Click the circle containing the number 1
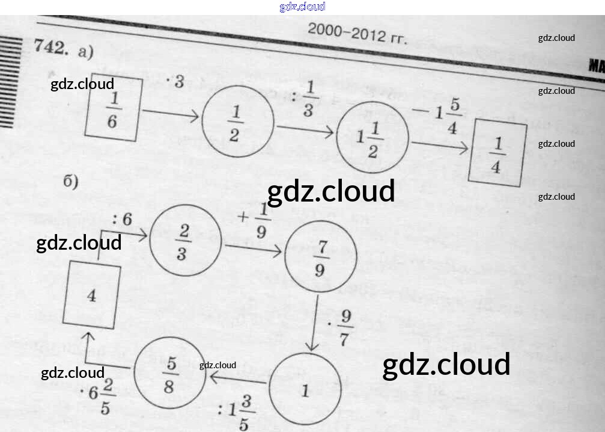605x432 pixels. [x=305, y=391]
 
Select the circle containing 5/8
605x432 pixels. [x=169, y=375]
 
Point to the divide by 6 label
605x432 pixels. [x=122, y=220]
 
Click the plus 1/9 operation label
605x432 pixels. [x=254, y=221]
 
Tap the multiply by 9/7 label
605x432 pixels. [x=341, y=328]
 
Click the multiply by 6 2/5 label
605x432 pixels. [x=99, y=397]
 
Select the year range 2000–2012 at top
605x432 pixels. [x=357, y=33]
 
